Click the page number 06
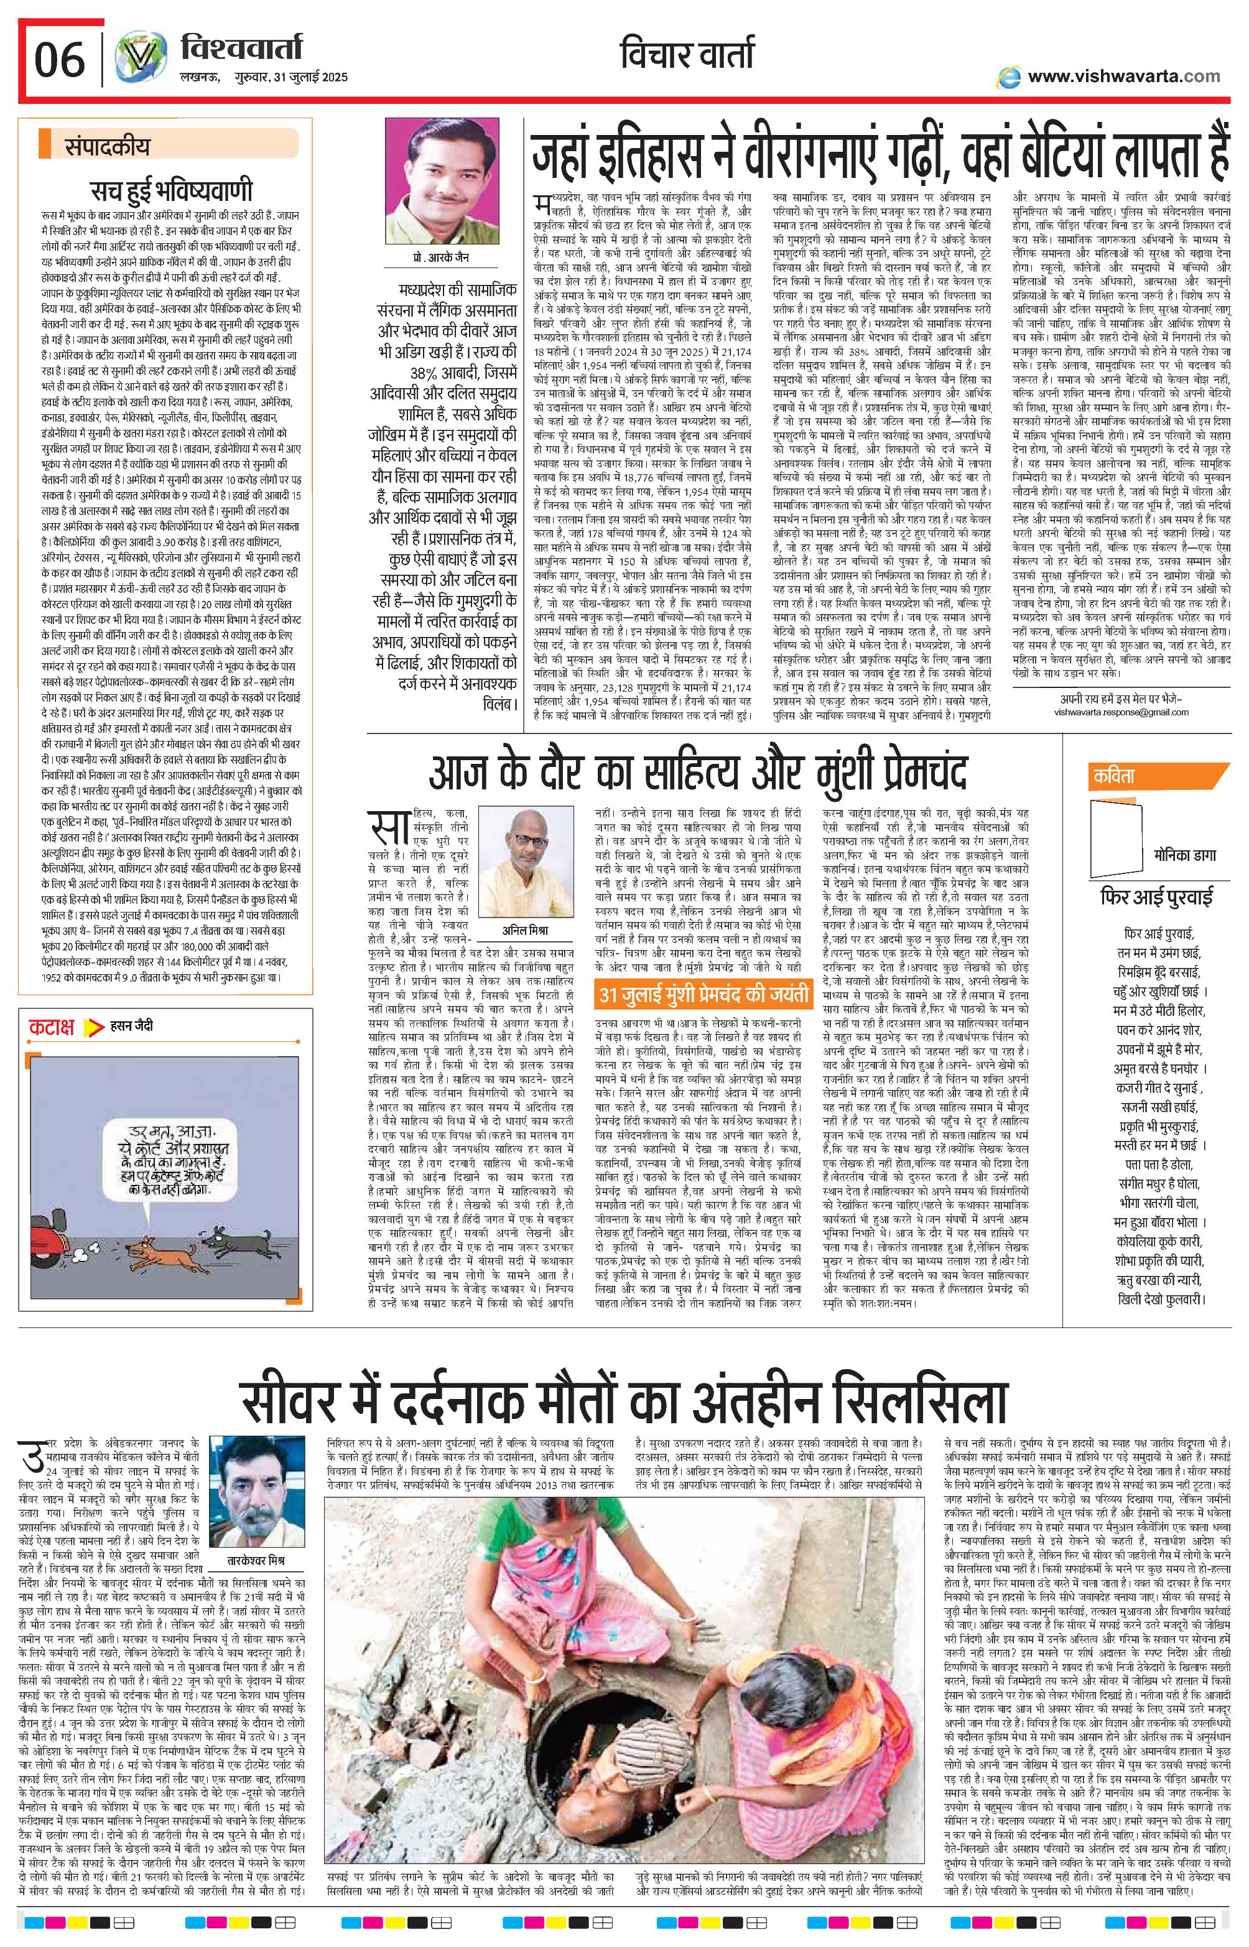pyautogui.click(x=60, y=61)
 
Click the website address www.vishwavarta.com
pyautogui.click(x=1123, y=77)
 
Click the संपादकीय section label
pyautogui.click(x=107, y=147)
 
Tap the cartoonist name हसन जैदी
pyautogui.click(x=131, y=1026)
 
